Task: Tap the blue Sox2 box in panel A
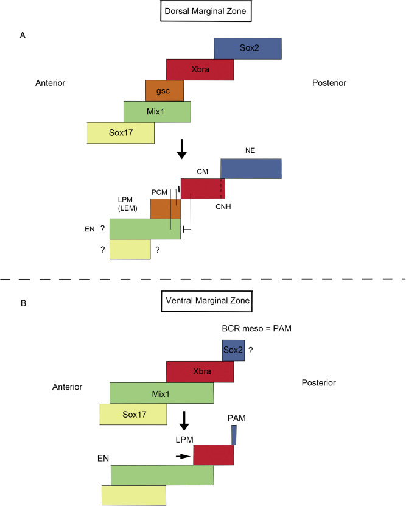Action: [x=247, y=49]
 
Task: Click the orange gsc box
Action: [x=160, y=91]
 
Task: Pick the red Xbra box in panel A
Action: [x=200, y=69]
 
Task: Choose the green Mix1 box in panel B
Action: [x=161, y=393]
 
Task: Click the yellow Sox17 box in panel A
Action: [x=121, y=133]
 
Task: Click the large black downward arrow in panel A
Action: [x=181, y=150]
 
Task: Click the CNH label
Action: [x=222, y=206]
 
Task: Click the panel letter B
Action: [x=22, y=303]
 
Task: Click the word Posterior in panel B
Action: [x=318, y=383]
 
